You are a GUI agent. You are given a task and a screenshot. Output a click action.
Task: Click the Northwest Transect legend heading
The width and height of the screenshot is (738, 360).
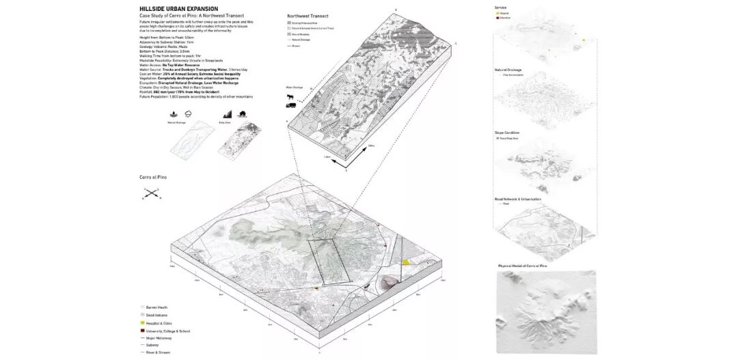pyautogui.click(x=306, y=14)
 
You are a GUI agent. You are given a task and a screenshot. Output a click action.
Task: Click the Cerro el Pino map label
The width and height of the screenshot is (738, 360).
pyautogui.click(x=153, y=178)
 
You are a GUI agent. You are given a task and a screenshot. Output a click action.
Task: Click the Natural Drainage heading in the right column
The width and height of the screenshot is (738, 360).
pyautogui.click(x=508, y=70)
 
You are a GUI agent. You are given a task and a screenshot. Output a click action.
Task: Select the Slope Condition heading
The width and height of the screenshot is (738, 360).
pyautogui.click(x=508, y=133)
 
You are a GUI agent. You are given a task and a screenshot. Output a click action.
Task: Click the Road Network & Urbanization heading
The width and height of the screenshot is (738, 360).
pyautogui.click(x=517, y=199)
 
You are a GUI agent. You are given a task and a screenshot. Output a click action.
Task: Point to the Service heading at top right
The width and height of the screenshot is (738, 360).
pyautogui.click(x=500, y=7)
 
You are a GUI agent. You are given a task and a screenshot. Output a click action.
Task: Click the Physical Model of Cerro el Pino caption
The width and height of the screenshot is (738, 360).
pyautogui.click(x=522, y=265)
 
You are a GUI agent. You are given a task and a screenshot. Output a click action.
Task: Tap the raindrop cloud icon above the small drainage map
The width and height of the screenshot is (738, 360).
pyautogui.click(x=188, y=113)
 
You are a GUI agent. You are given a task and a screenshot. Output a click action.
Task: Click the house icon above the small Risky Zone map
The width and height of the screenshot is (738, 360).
pyautogui.click(x=243, y=113)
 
